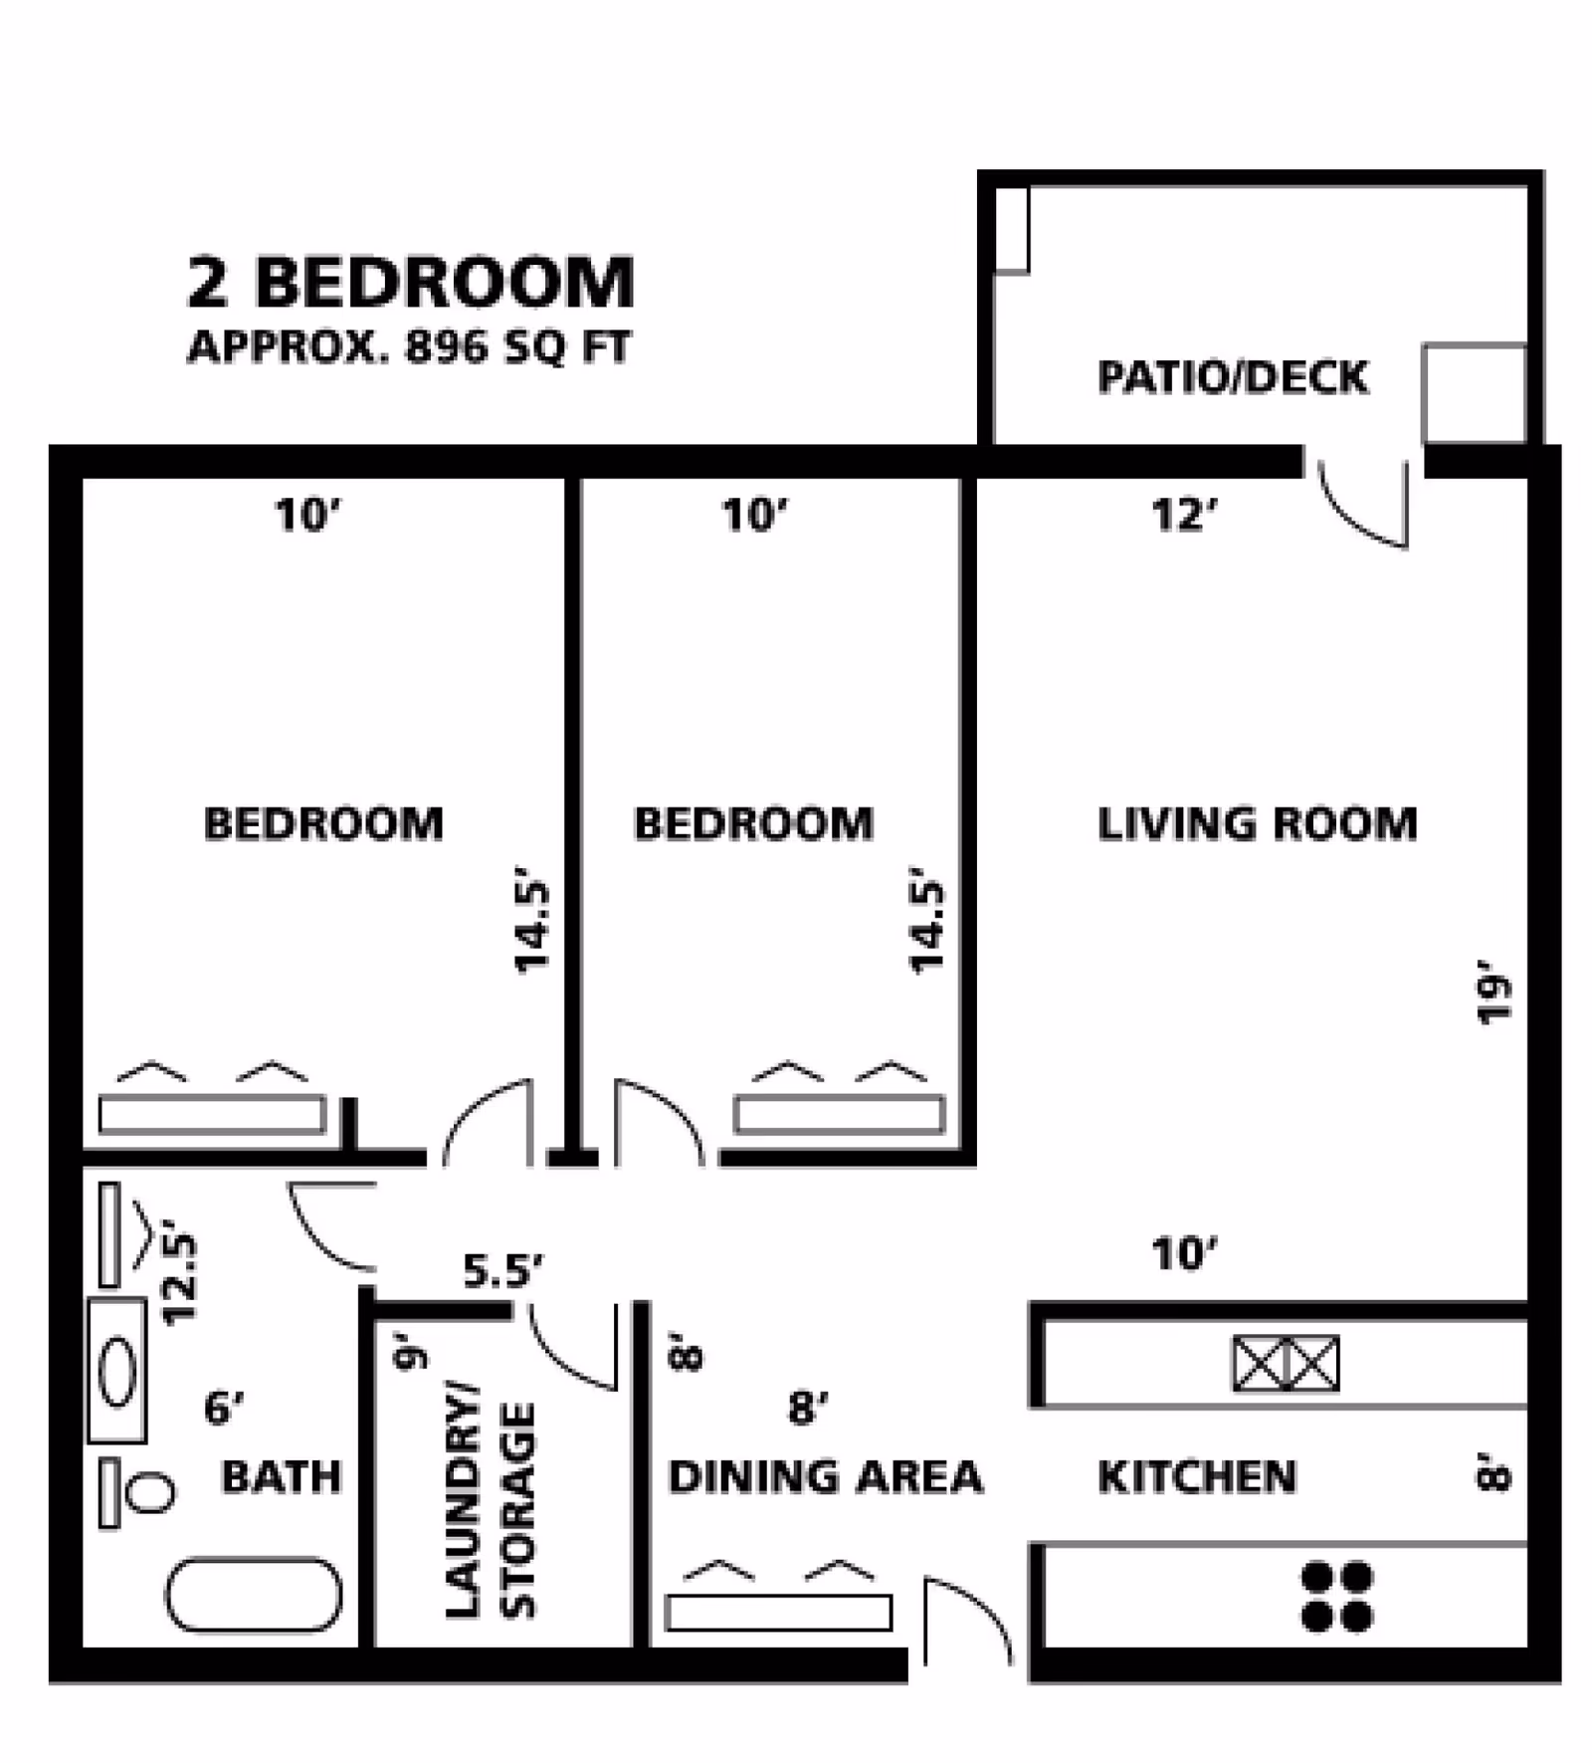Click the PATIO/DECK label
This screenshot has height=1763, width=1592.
tap(1233, 377)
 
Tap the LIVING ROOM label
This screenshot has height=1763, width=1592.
tap(1257, 824)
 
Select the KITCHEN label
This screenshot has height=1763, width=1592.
tap(1197, 1476)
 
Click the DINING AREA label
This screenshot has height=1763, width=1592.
tap(825, 1476)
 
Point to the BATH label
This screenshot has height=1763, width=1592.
tap(281, 1476)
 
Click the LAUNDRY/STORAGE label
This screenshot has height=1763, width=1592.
tap(490, 1510)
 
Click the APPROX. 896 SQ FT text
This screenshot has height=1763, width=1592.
tap(409, 347)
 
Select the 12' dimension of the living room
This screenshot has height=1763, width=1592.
tap(1184, 516)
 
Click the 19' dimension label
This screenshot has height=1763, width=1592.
tap(1493, 991)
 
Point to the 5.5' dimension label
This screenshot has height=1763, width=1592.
tap(502, 1270)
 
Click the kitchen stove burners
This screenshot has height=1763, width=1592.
tap(1337, 1597)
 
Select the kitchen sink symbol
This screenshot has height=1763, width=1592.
tap(1286, 1363)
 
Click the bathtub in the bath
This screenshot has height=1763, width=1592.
tap(254, 1595)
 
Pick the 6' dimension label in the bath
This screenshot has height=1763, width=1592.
tap(224, 1408)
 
